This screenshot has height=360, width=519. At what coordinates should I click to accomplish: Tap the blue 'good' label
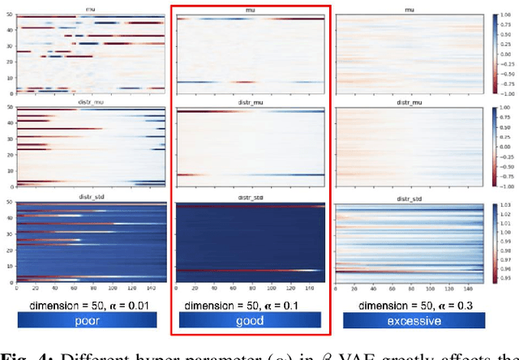tap(250, 321)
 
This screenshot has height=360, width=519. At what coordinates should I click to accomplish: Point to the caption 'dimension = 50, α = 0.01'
tap(87, 304)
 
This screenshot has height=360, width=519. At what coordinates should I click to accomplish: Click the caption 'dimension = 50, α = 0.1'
tap(250, 304)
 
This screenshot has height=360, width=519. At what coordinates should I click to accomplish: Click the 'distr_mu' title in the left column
tap(90, 103)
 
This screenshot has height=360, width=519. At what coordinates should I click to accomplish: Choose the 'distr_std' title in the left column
tap(90, 195)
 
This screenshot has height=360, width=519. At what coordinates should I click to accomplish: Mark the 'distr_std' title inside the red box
tap(251, 195)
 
